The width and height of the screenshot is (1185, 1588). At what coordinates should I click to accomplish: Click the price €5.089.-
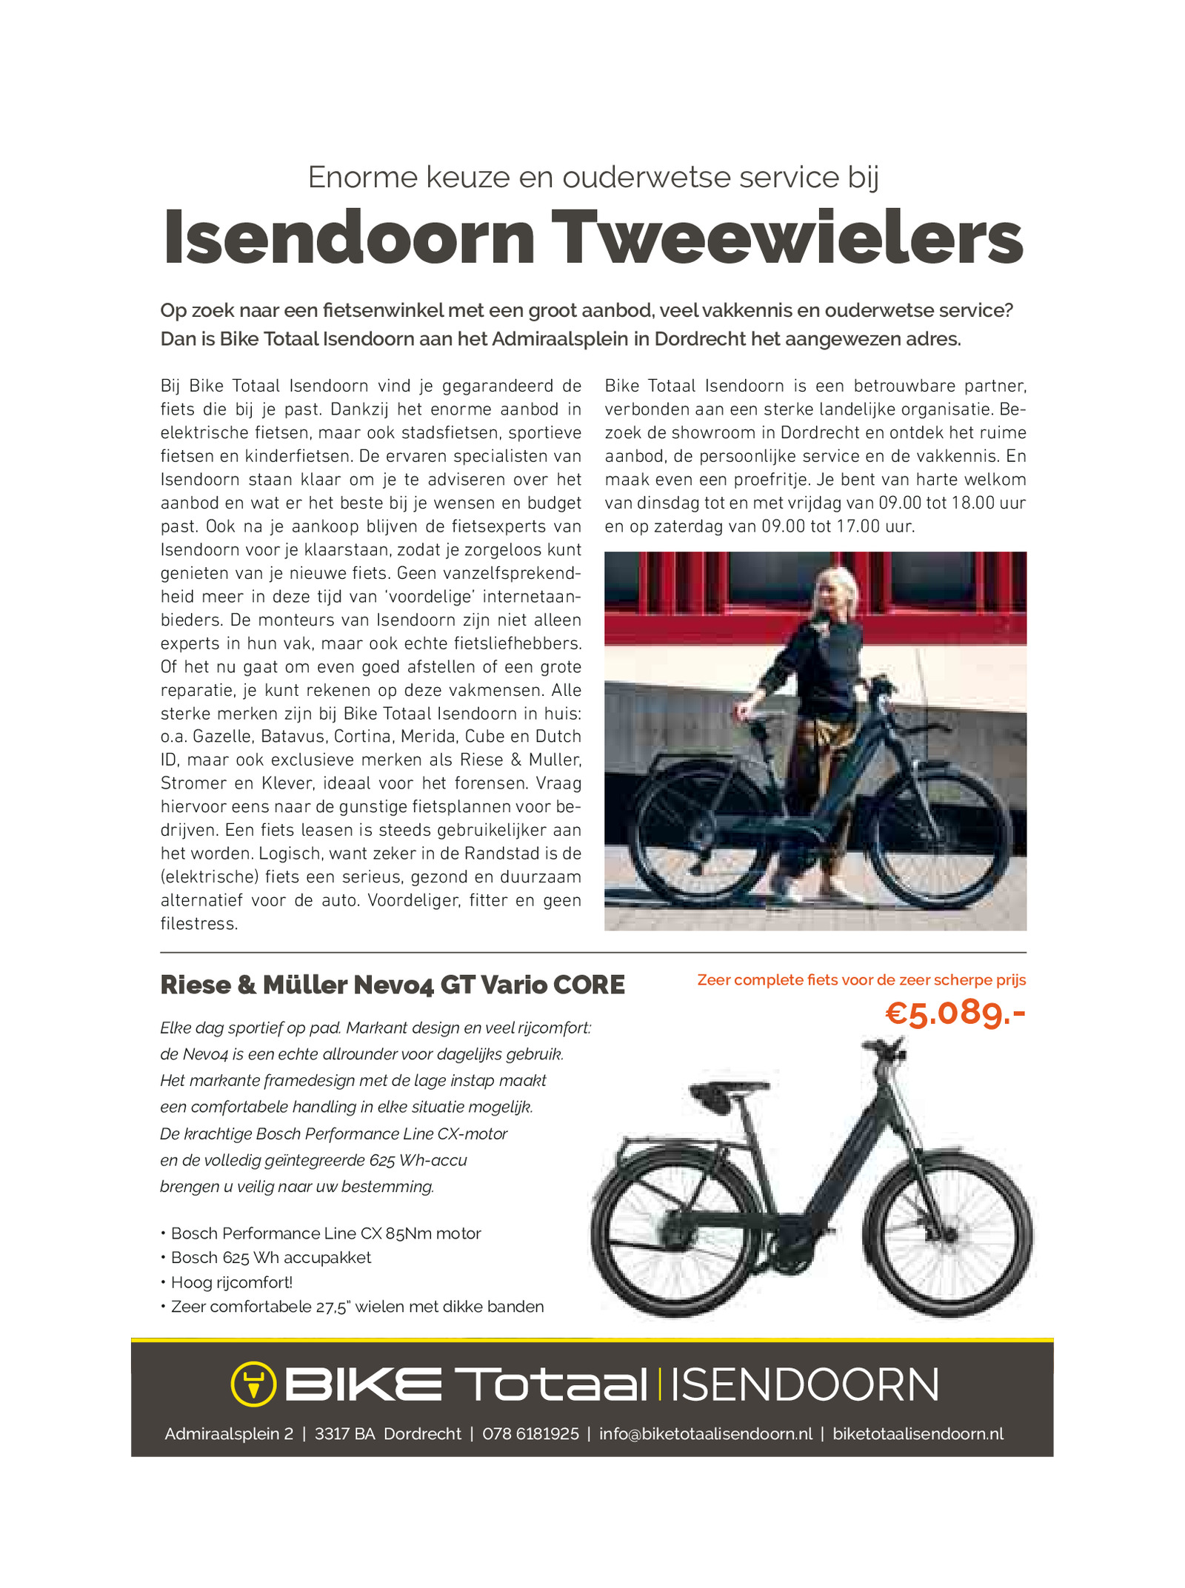955,1013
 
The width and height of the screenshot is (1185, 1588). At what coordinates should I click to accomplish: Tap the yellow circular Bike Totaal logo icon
253,1383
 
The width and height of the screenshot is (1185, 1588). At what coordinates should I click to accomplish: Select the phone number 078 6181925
530,1433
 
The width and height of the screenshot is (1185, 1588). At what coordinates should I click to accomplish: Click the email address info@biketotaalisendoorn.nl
705,1433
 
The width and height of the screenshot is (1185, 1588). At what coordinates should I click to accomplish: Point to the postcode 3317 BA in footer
344,1433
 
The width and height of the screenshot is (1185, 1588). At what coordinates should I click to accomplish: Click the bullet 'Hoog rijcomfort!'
231,1282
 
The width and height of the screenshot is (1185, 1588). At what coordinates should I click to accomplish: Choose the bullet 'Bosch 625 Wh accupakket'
270,1257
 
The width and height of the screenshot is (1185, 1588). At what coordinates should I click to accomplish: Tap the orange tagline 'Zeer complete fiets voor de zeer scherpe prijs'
861,980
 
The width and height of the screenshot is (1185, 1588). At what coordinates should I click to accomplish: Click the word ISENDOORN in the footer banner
804,1384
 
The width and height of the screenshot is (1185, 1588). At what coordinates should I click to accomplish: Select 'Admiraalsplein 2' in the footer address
229,1433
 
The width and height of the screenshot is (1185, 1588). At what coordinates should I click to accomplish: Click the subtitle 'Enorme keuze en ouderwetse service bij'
593,178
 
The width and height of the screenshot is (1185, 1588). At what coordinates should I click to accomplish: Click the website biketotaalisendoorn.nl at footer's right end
918,1433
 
